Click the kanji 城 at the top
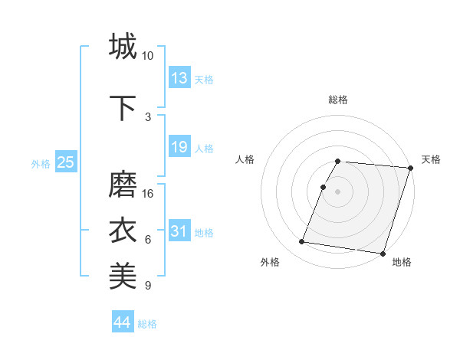tap(123, 46)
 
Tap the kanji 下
tap(123, 108)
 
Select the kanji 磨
tap(123, 185)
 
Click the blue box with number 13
tap(179, 78)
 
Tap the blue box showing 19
tap(179, 147)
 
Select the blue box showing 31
tap(179, 231)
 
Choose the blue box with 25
tap(65, 162)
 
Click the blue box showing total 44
tap(123, 322)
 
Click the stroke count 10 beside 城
tap(148, 55)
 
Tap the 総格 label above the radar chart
tap(338, 100)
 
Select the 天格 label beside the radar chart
tap(432, 159)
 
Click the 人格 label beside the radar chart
tap(245, 159)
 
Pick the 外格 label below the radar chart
tap(270, 262)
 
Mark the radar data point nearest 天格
tap(411, 169)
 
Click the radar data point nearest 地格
tap(382, 253)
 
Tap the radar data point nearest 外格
tap(302, 242)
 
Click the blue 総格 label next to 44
tap(147, 323)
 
